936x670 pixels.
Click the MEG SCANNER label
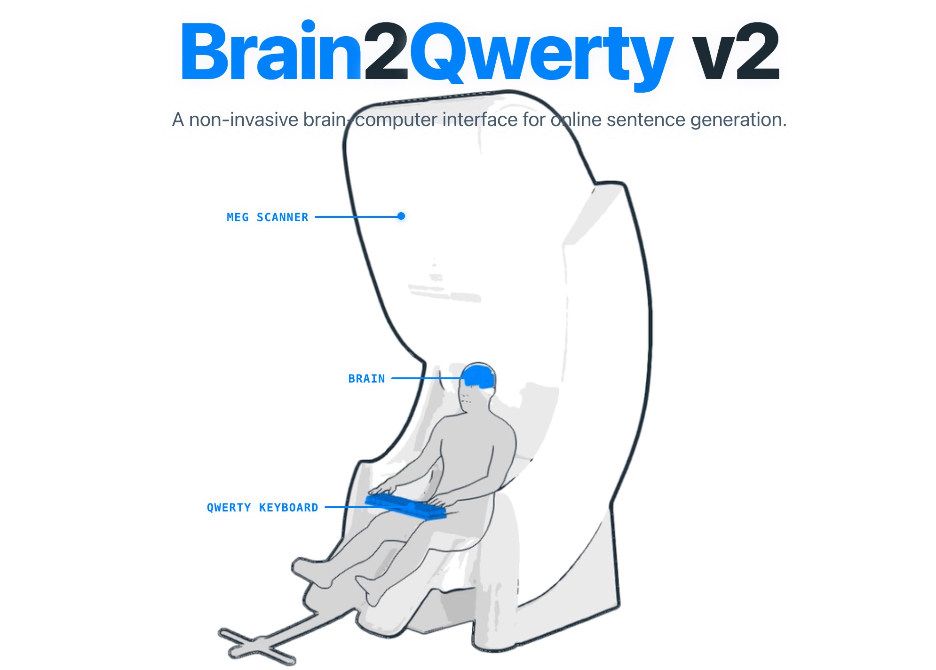[267, 217]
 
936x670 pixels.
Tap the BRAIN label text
[366, 379]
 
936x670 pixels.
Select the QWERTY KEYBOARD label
[262, 508]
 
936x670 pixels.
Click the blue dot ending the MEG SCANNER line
[401, 216]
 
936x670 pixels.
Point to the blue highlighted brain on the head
[479, 376]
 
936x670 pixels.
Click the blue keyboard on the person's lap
[405, 506]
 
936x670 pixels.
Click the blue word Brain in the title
[272, 50]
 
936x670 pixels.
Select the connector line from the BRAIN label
[427, 378]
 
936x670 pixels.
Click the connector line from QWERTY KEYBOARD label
[346, 507]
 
